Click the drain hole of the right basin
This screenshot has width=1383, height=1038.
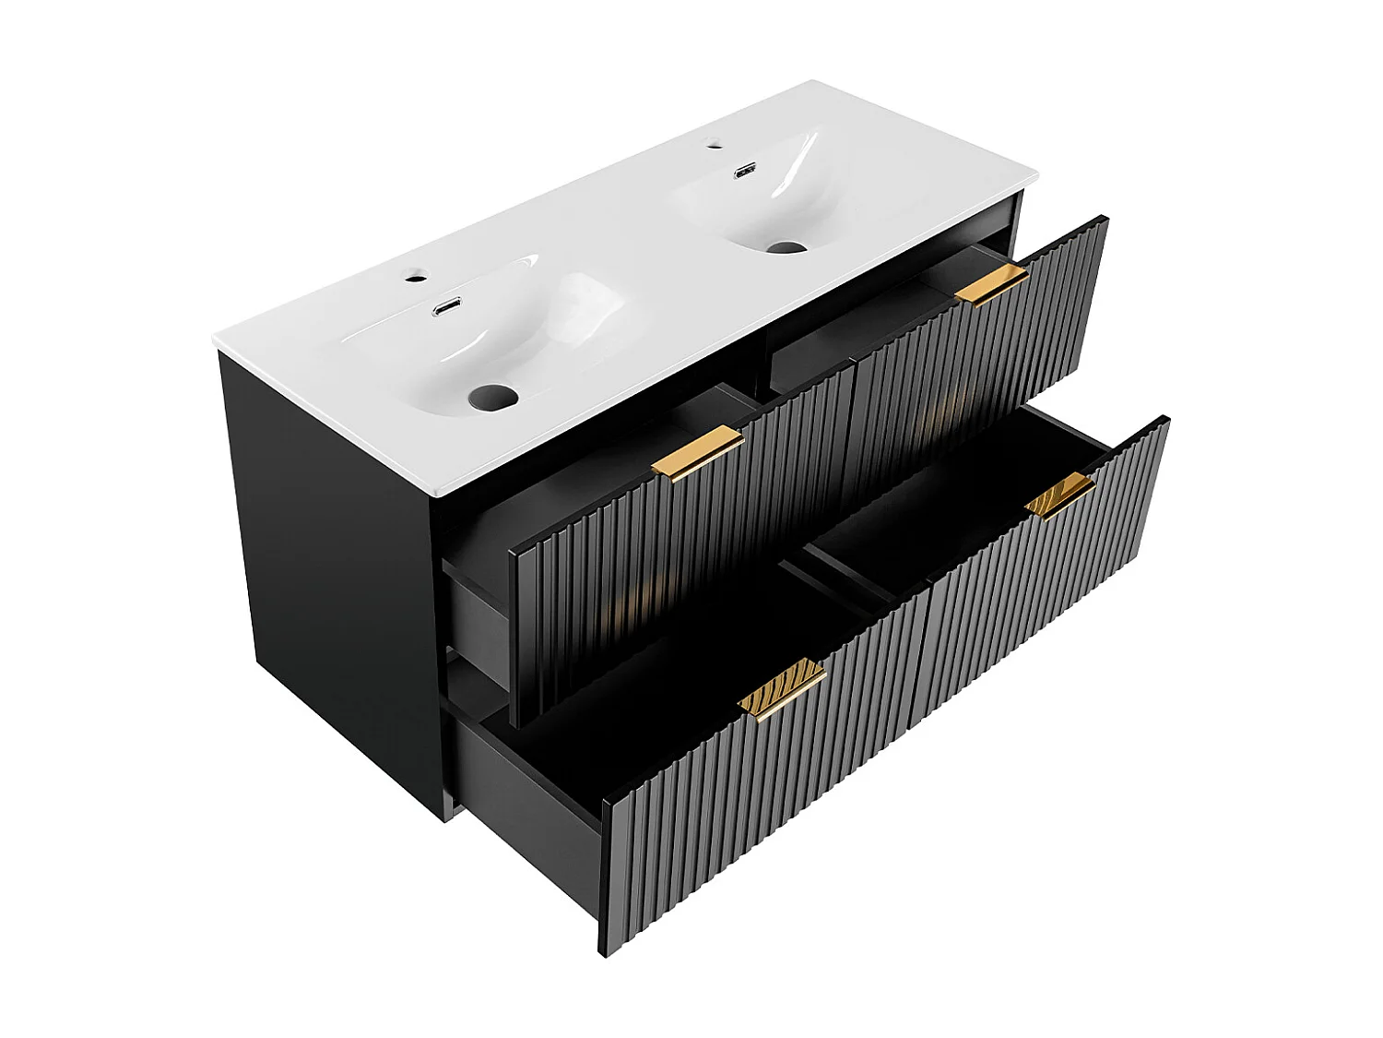tap(786, 247)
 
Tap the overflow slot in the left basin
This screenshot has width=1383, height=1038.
tap(447, 306)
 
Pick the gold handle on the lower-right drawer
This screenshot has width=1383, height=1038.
tap(1060, 495)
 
